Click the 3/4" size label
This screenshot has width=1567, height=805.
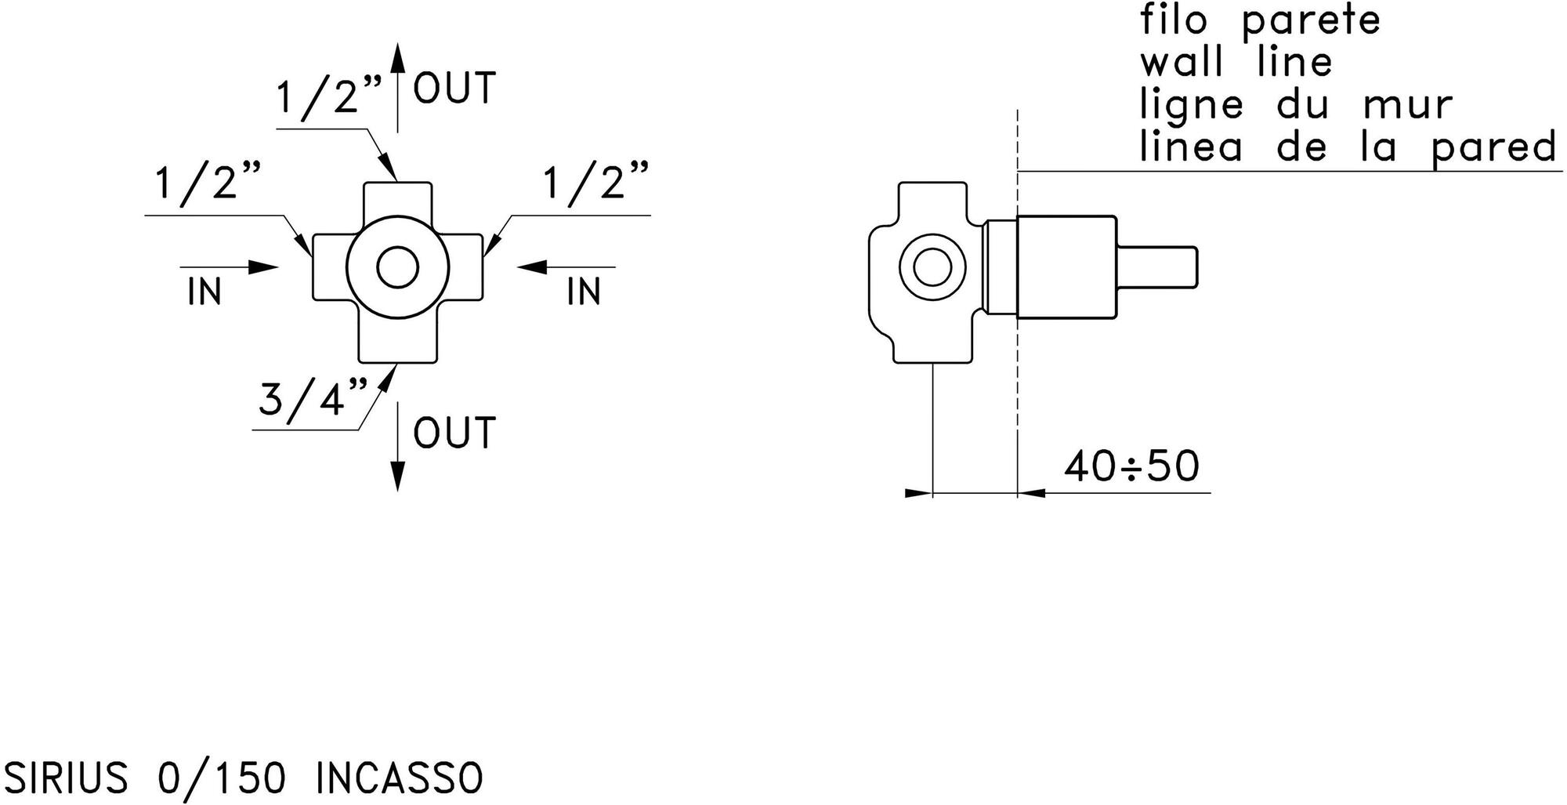click(x=313, y=400)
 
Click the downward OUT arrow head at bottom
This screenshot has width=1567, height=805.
click(x=397, y=475)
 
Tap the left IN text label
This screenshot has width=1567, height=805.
click(x=204, y=292)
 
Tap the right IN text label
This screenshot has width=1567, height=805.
click(x=584, y=292)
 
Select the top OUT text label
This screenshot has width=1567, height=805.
click(x=454, y=88)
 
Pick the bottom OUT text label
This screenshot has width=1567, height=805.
click(x=454, y=433)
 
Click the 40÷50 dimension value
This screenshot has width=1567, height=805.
click(x=1131, y=466)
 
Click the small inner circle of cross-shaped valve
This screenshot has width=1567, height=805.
click(x=397, y=267)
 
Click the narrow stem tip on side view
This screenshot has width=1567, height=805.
click(x=1158, y=267)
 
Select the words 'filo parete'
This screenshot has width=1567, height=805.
click(x=1260, y=21)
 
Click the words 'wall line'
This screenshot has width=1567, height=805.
click(x=1236, y=63)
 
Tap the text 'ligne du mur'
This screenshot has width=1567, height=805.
click(x=1296, y=105)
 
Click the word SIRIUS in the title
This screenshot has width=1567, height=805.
click(x=66, y=778)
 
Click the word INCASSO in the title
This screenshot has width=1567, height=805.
click(x=400, y=778)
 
